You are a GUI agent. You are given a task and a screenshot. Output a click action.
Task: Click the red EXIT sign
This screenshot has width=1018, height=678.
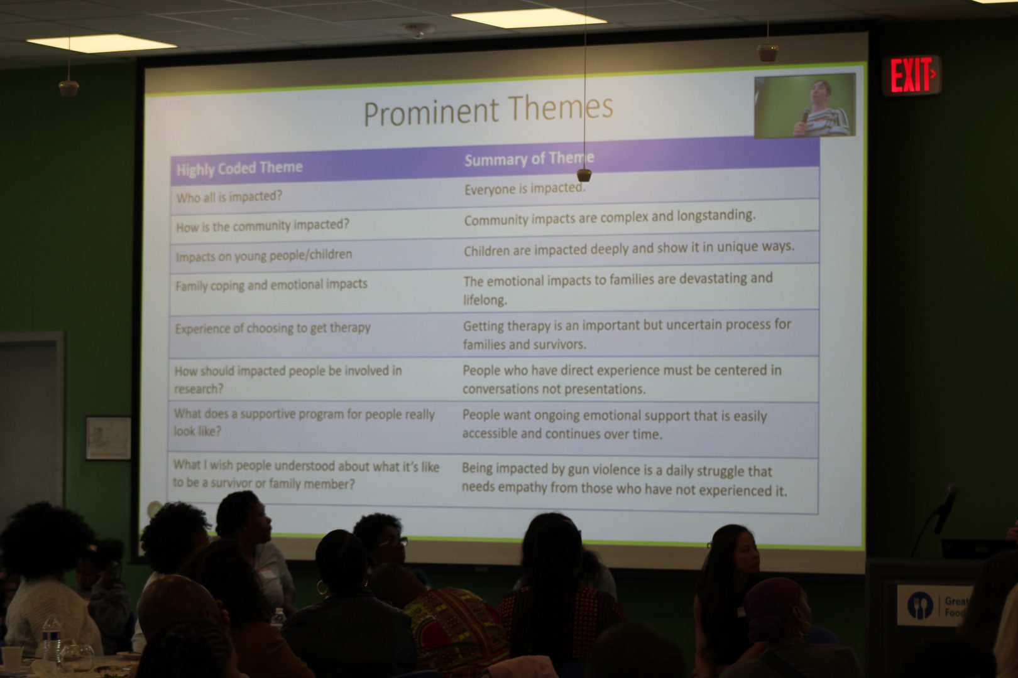click(x=911, y=75)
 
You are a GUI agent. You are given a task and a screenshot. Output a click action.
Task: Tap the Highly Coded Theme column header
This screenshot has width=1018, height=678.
click(x=239, y=168)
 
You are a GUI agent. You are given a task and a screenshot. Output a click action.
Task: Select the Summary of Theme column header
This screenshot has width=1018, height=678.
click(x=529, y=159)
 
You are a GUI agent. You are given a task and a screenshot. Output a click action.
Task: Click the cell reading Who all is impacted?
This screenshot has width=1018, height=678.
click(x=229, y=196)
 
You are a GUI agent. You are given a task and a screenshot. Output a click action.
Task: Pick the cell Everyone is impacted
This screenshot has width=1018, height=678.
click(x=525, y=188)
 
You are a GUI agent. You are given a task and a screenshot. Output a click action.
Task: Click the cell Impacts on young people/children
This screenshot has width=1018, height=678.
click(x=264, y=256)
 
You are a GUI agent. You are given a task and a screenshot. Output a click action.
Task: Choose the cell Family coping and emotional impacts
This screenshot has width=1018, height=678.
click(x=271, y=285)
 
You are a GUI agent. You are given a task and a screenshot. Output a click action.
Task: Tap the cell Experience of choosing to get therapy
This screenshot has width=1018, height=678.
click(x=273, y=328)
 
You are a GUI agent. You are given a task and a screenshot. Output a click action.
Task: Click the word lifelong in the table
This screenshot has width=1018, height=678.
click(x=485, y=300)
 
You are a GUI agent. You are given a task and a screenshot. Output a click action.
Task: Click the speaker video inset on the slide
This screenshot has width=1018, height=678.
click(x=805, y=105)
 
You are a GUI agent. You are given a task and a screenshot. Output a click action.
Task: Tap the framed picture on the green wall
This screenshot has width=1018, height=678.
click(x=109, y=438)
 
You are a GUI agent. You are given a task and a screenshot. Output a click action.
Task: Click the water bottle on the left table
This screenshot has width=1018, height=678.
click(x=52, y=638)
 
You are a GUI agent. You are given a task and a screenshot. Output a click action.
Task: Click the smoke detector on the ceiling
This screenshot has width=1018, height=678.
click(x=419, y=30)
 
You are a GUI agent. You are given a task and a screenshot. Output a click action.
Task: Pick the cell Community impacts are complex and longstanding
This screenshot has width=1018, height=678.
click(x=610, y=217)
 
